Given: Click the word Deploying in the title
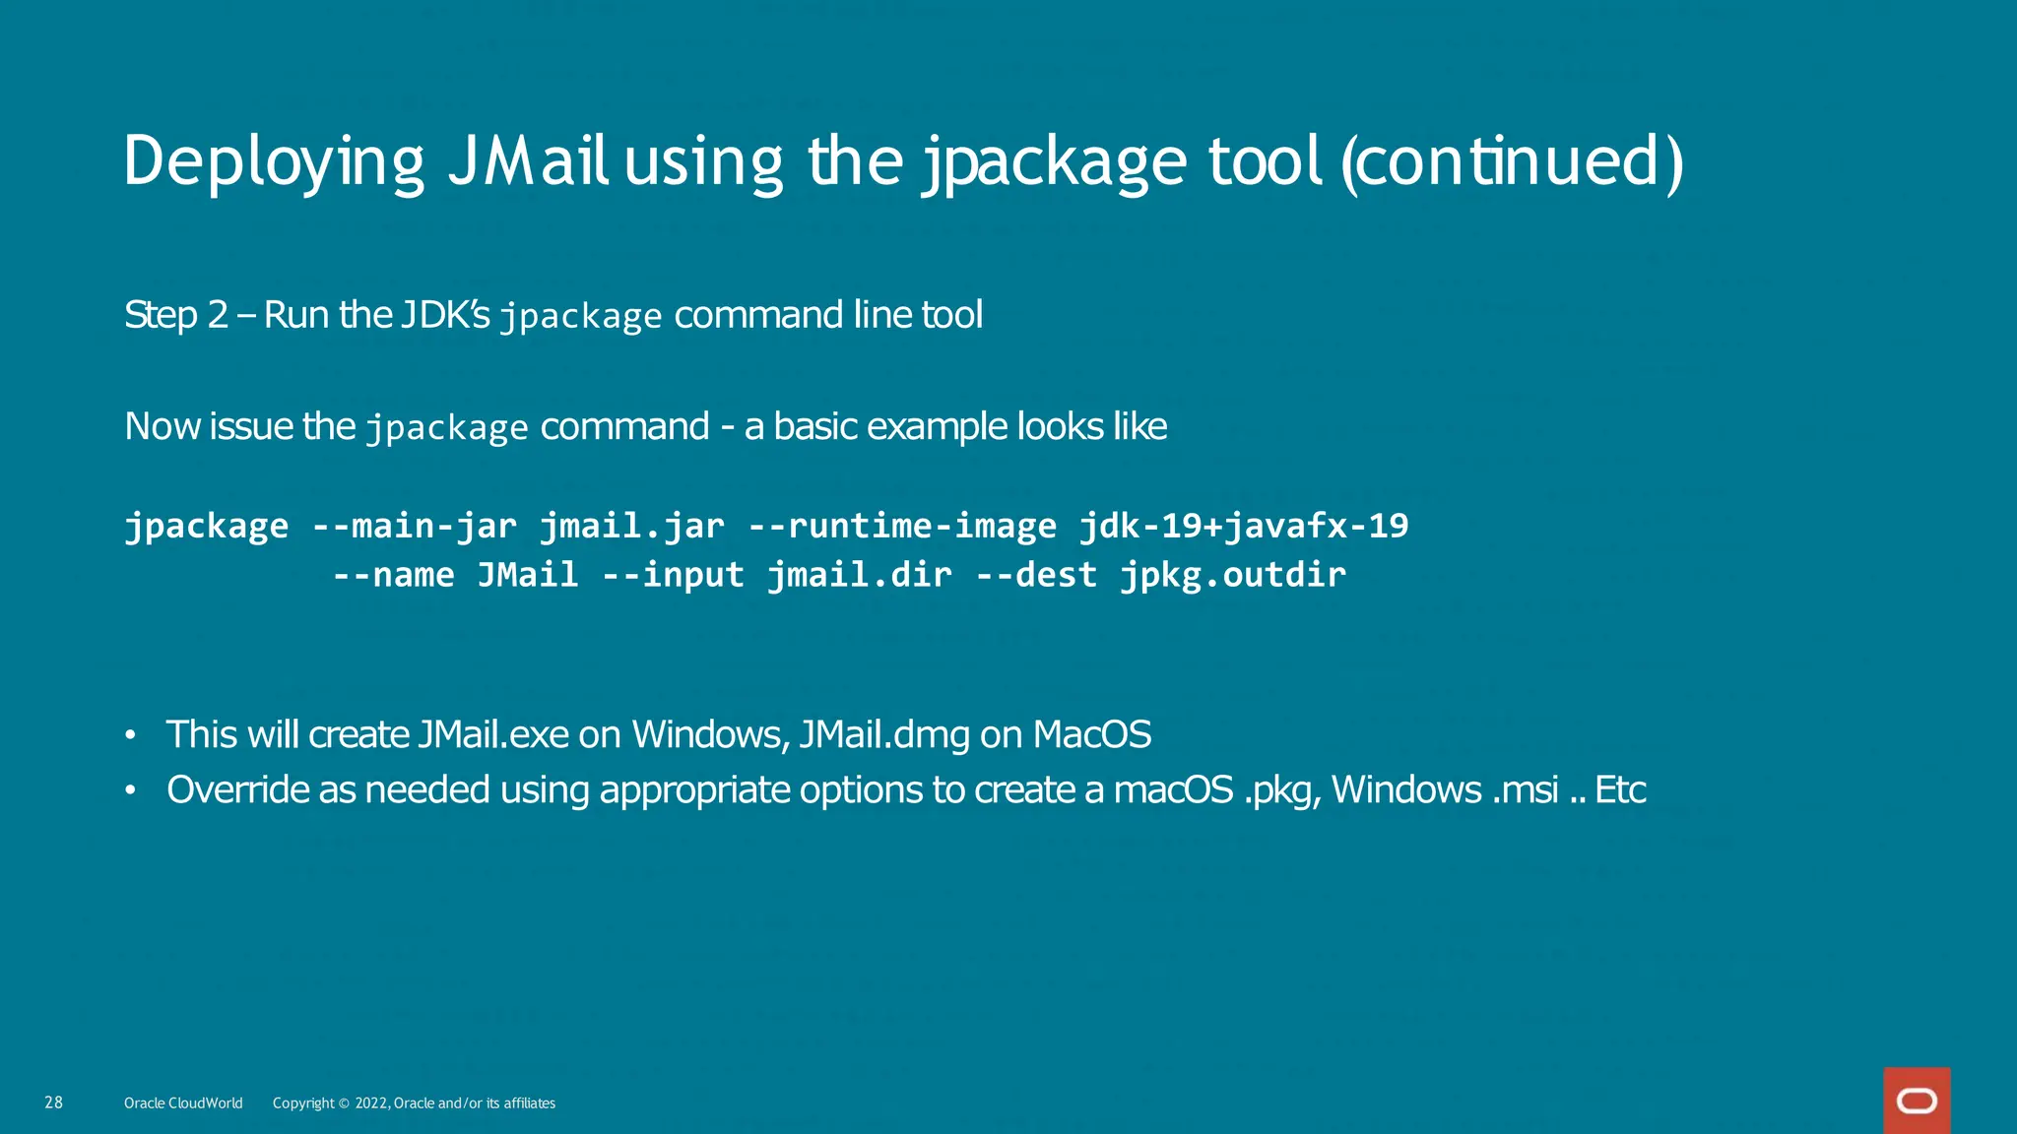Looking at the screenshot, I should pyautogui.click(x=274, y=162).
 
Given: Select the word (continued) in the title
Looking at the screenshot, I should pyautogui.click(x=1512, y=162).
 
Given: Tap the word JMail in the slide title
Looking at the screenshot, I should pyautogui.click(x=528, y=162).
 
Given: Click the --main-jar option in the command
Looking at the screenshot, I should pyautogui.click(x=414, y=526).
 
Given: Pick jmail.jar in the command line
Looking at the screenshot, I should pyautogui.click(x=631, y=526).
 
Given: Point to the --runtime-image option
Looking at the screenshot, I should pyautogui.click(x=901, y=526).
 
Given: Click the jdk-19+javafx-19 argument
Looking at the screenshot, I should pyautogui.click(x=1243, y=526).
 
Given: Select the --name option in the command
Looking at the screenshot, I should pyautogui.click(x=393, y=575).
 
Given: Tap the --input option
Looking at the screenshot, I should pyautogui.click(x=673, y=575).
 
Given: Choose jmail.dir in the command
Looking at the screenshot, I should pyautogui.click(x=860, y=575).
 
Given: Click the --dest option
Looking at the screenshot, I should pyautogui.click(x=1036, y=575).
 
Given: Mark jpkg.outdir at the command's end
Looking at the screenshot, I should pyautogui.click(x=1233, y=575).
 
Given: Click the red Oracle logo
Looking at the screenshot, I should pyautogui.click(x=1917, y=1101).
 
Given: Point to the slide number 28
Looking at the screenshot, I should pyautogui.click(x=54, y=1102).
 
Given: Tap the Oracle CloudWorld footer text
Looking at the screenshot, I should pyautogui.click(x=183, y=1103).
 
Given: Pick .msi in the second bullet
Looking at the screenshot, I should pyautogui.click(x=1525, y=789).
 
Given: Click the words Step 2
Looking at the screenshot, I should pyautogui.click(x=176, y=316).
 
